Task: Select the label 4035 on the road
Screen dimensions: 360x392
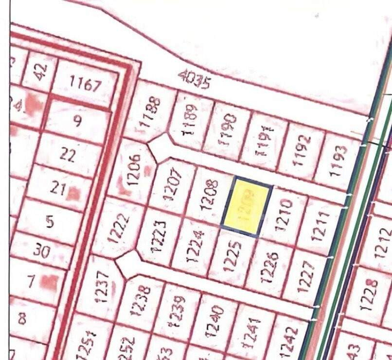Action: coord(194,79)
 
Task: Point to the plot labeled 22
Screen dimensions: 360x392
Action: coord(68,156)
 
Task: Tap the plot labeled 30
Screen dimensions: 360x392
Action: coord(42,251)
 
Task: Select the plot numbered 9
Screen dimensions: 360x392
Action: coord(77,121)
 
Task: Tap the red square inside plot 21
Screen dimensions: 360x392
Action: coord(73,194)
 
